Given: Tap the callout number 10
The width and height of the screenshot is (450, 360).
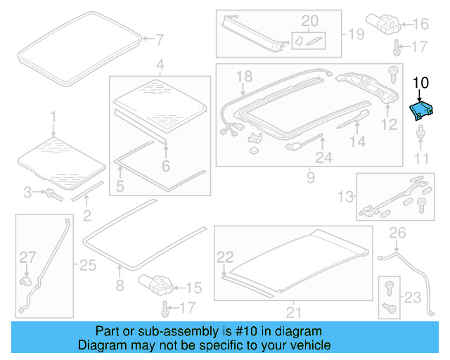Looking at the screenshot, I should (420, 82).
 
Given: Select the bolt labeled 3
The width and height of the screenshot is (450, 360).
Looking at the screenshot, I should (52, 193).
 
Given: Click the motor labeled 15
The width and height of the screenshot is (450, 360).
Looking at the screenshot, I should (156, 285).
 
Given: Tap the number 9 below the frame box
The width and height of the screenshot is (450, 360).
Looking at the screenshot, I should (310, 178).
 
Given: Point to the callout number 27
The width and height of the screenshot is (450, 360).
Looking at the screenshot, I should (27, 257).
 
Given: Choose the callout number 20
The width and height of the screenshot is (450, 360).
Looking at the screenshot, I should (309, 20).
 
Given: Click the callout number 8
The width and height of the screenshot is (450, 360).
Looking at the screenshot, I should (119, 285).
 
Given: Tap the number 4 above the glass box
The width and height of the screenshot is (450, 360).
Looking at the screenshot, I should (160, 65).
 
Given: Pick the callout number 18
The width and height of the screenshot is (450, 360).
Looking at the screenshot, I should (244, 76).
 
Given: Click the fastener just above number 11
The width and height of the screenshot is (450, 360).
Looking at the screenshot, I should (420, 134).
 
